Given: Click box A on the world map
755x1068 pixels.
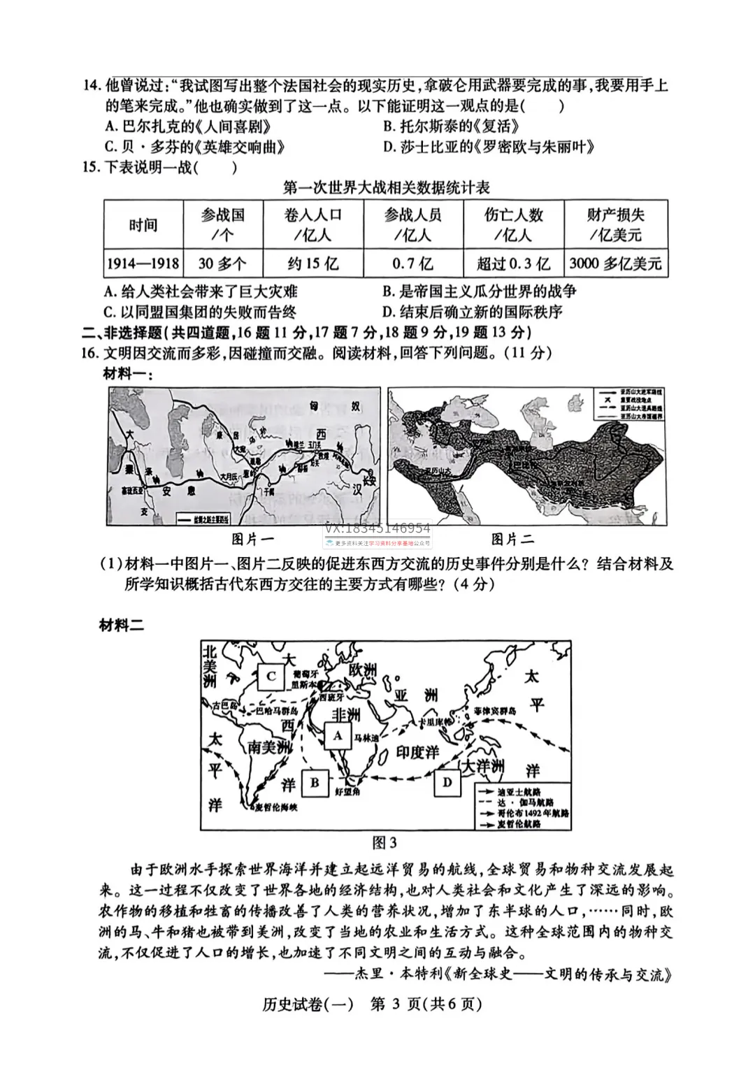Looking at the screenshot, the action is tap(338, 735).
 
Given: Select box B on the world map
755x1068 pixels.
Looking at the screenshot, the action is tap(315, 782).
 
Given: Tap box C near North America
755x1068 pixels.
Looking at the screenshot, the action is tap(271, 676).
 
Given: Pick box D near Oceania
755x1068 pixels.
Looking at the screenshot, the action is tap(447, 782).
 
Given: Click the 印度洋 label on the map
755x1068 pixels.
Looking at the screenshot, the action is tap(417, 752).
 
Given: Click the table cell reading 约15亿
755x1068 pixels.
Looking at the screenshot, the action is tap(313, 264).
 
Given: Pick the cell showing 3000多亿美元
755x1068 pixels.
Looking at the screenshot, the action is tap(615, 264).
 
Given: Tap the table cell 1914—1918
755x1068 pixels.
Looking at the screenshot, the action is tap(143, 264).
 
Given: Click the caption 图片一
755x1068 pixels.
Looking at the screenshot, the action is tap(253, 539).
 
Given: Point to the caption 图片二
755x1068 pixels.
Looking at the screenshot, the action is tap(512, 539).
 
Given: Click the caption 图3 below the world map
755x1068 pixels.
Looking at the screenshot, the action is tap(384, 842).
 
